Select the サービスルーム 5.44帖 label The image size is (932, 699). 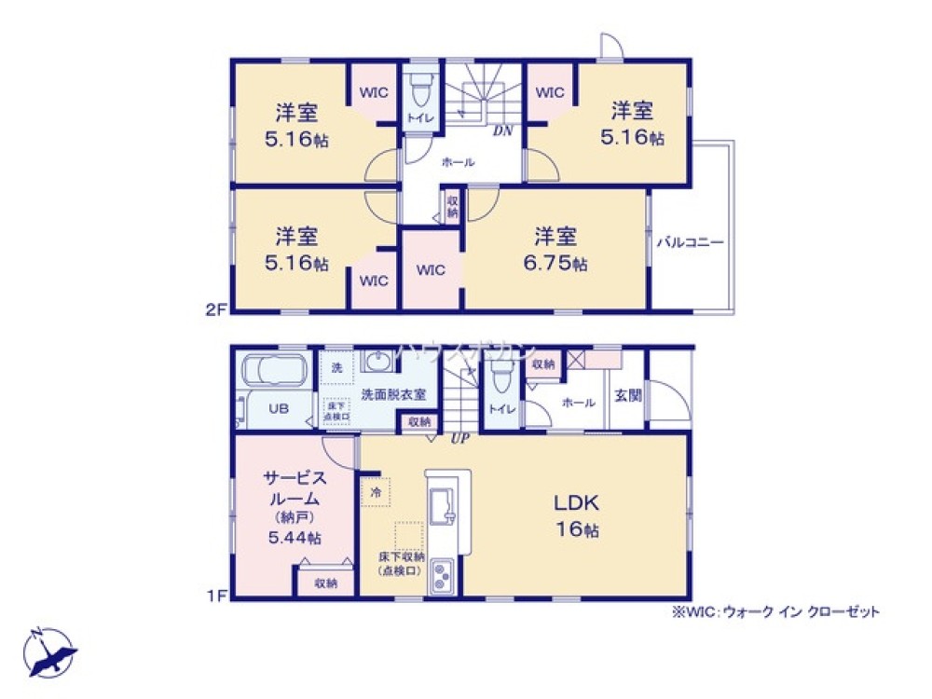pyautogui.click(x=294, y=508)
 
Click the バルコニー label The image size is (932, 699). pyautogui.click(x=691, y=241)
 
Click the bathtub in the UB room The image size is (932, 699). pyautogui.click(x=276, y=374)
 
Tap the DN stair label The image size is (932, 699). pyautogui.click(x=502, y=131)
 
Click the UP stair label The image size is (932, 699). pyautogui.click(x=459, y=437)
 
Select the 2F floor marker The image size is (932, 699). pyautogui.click(x=217, y=310)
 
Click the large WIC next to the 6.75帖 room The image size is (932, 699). pyautogui.click(x=431, y=270)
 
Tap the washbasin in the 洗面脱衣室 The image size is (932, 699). pyautogui.click(x=378, y=363)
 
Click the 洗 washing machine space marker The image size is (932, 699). pyautogui.click(x=336, y=367)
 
